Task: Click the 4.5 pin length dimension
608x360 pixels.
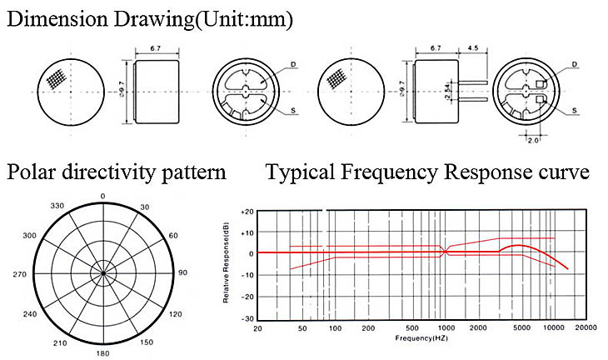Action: pos(473,48)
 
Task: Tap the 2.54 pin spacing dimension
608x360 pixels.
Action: pos(447,91)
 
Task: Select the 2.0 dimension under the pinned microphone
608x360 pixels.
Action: pos(533,140)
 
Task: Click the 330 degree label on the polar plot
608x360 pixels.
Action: pos(57,206)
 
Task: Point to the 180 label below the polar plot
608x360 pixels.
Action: pos(102,353)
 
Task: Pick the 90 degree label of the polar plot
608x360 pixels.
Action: pos(182,272)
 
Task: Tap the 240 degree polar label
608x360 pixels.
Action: pos(30,314)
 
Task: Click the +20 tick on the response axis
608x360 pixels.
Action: pos(247,212)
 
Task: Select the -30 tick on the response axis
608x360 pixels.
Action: pos(247,319)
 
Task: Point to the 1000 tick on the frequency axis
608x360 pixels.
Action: pos(446,328)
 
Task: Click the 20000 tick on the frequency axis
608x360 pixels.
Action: pos(586,327)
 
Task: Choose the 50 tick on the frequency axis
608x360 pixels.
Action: pos(302,328)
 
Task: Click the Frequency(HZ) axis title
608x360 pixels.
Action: pos(421,337)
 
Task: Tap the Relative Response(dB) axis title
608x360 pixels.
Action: pos(226,263)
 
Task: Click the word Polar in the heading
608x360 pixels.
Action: pos(32,172)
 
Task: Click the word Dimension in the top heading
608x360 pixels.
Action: pos(57,19)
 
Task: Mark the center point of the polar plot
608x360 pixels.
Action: pos(103,273)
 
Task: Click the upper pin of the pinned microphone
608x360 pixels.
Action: pos(473,82)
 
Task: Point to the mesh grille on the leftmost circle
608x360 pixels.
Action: pos(57,79)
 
